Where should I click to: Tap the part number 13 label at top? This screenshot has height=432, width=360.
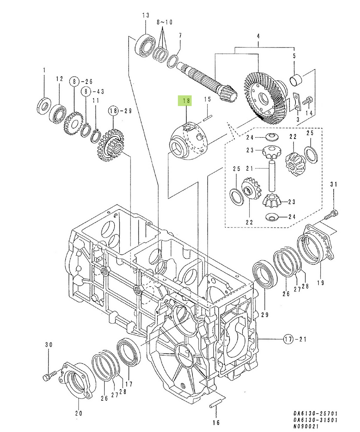tap(145, 15)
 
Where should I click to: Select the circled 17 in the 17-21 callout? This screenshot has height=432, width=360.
tap(288, 339)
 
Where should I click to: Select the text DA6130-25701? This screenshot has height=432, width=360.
tap(315, 414)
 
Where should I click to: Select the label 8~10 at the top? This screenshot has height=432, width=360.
tap(164, 22)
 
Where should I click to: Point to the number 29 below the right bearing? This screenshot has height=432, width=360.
tap(265, 315)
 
